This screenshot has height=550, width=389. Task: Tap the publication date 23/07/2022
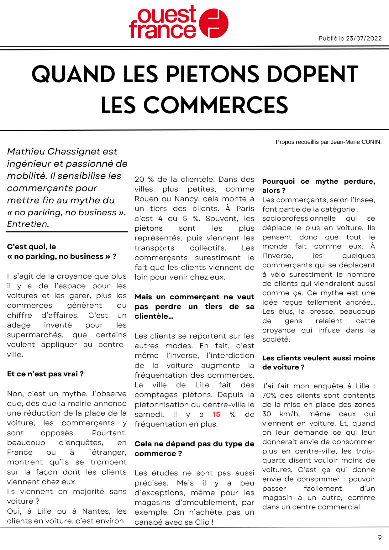(364, 39)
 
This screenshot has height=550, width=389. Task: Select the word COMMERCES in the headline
(194, 105)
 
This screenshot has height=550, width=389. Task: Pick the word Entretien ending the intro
(28, 224)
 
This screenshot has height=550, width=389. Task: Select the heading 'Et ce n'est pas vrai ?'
(45, 374)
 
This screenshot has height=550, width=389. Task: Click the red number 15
(216, 414)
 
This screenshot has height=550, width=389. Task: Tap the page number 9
(379, 538)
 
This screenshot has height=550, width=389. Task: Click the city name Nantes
(97, 511)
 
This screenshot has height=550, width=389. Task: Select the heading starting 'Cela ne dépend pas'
(194, 448)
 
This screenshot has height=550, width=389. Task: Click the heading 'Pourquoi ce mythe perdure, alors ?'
(318, 186)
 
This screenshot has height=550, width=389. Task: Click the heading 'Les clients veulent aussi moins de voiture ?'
(318, 363)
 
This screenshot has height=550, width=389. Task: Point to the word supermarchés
(35, 335)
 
